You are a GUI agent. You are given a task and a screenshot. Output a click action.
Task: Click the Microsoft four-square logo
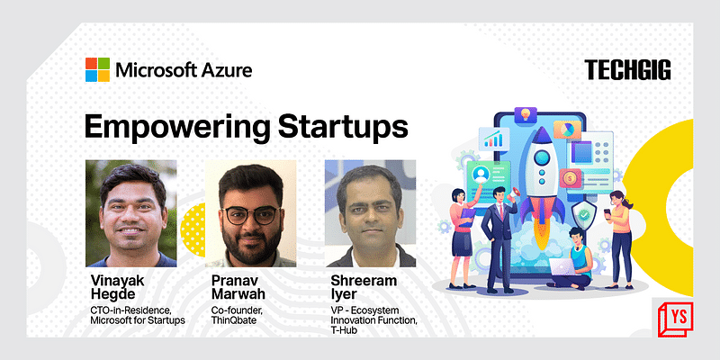pyautogui.click(x=98, y=69)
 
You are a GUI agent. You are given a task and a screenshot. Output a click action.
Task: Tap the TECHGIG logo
pyautogui.click(x=627, y=70)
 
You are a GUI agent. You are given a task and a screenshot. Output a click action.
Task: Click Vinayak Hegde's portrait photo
pyautogui.click(x=130, y=213)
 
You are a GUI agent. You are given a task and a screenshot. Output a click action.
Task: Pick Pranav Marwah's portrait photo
pyautogui.click(x=251, y=213)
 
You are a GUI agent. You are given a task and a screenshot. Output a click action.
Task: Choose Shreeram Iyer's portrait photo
pyautogui.click(x=370, y=213)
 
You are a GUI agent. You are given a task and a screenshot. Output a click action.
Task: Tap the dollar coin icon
pyautogui.click(x=570, y=178)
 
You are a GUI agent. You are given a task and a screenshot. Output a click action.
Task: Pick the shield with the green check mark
pyautogui.click(x=584, y=216)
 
